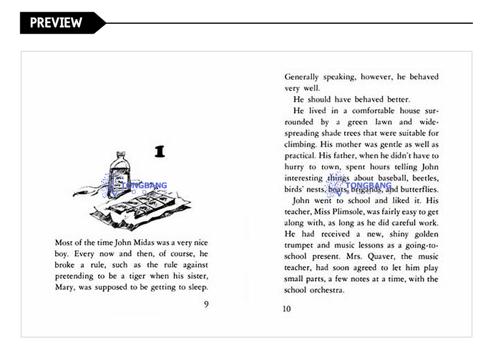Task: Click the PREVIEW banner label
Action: click(x=56, y=23)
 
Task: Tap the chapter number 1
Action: click(x=160, y=152)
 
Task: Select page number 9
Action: click(x=206, y=304)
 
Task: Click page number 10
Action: click(x=287, y=308)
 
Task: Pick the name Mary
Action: click(x=64, y=287)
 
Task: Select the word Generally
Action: click(x=301, y=77)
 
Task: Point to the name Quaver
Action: click(x=379, y=256)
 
